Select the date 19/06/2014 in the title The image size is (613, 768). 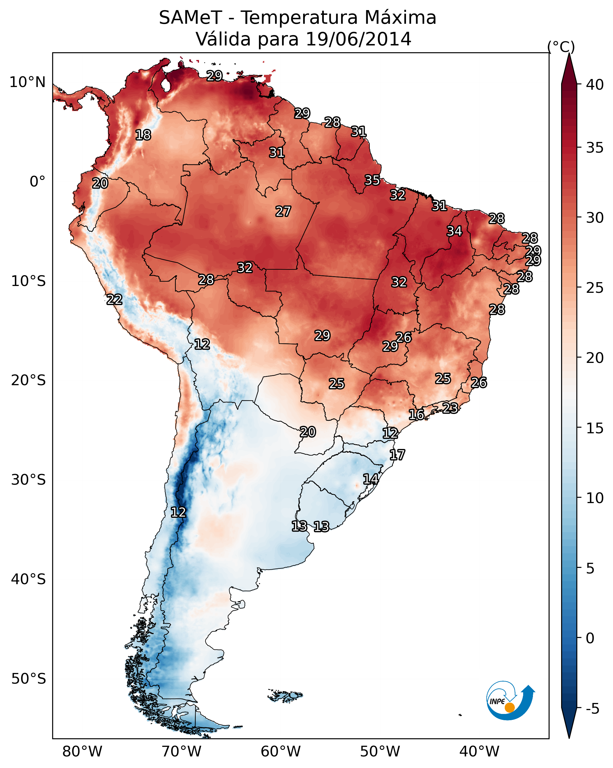tap(358, 39)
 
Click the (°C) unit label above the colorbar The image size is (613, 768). tap(561, 47)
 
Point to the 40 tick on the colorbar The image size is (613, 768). tap(595, 85)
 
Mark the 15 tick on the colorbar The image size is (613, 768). tap(595, 428)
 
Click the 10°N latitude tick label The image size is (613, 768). tap(27, 82)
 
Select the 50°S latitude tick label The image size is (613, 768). tap(28, 679)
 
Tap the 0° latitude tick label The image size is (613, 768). tap(37, 182)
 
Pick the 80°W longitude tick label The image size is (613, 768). tap(82, 752)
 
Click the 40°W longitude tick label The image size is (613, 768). tap(479, 752)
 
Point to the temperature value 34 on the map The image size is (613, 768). tap(454, 231)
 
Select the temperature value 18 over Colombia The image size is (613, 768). tap(143, 135)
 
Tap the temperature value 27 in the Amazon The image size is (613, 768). tap(283, 211)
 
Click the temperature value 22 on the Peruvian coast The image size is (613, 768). tap(114, 300)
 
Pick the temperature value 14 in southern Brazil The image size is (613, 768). tap(370, 479)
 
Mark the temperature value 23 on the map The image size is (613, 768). tap(450, 408)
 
